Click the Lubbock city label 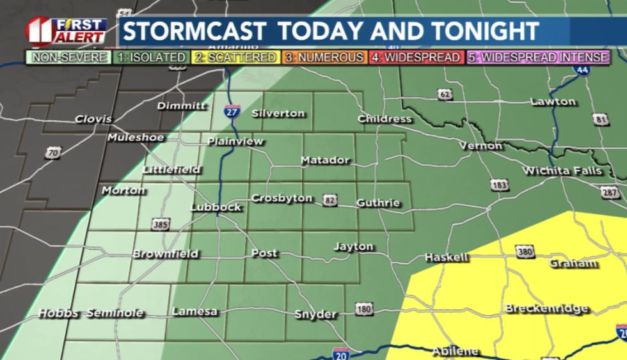tap(216, 207)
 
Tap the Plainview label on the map tap(235, 141)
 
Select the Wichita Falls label tap(562, 171)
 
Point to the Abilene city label tap(456, 351)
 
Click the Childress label tap(385, 119)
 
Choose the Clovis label tap(93, 119)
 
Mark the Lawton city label tap(553, 102)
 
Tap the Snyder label tap(315, 314)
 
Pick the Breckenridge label tap(546, 308)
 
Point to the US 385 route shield tap(161, 224)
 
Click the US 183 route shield tap(500, 184)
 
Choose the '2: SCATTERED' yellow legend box tap(235, 58)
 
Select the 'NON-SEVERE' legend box tap(61, 58)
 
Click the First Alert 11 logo tap(65, 31)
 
